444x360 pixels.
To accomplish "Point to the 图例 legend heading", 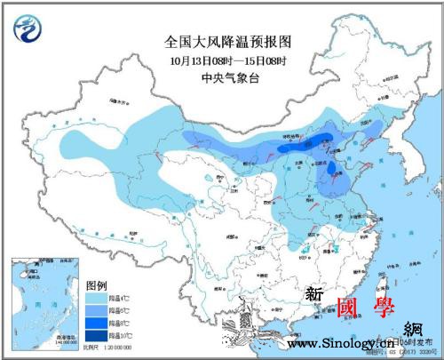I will coord(98,285).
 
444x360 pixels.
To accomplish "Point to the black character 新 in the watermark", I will coord(314,294).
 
